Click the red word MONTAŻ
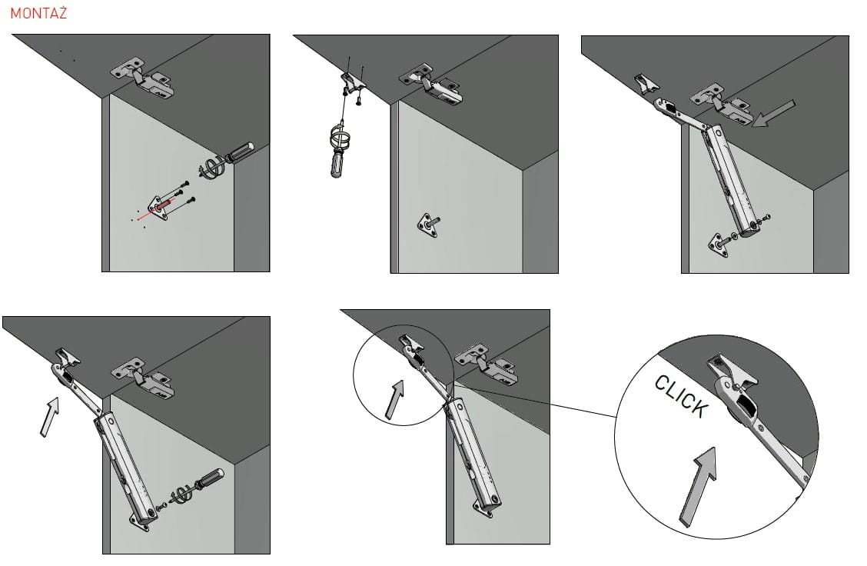[x=38, y=13]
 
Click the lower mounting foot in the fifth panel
[x=485, y=504]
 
